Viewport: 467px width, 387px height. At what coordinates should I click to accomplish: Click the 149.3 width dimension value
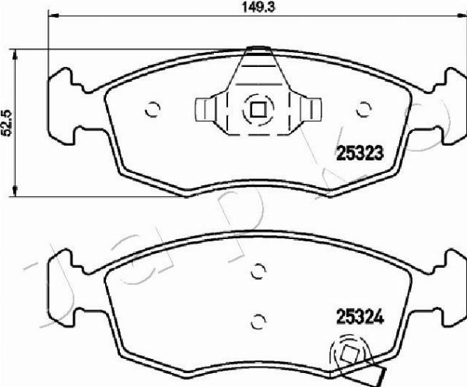pos(258,7)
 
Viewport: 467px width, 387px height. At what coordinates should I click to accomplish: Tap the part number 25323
pos(360,153)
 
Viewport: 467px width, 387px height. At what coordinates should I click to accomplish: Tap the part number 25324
pos(360,317)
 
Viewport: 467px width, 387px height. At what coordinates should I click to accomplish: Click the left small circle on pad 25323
pos(153,109)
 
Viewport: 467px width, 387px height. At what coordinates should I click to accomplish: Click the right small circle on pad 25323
pos(364,109)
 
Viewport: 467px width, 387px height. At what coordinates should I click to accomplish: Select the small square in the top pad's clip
pos(258,110)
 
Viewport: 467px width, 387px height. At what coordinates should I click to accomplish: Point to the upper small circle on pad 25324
pos(258,271)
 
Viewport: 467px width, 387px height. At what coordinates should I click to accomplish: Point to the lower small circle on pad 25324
pos(258,322)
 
